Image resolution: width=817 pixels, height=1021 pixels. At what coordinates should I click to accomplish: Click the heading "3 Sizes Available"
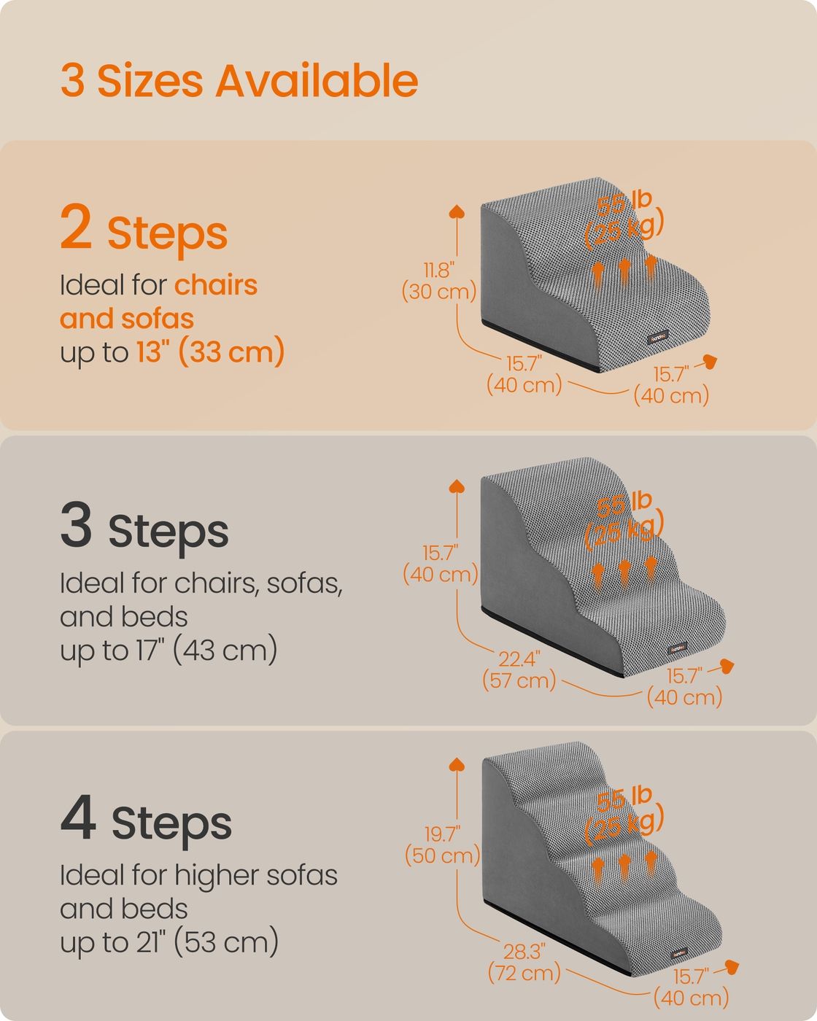[x=239, y=81]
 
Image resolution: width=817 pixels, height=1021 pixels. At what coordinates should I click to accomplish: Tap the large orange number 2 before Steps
[x=76, y=226]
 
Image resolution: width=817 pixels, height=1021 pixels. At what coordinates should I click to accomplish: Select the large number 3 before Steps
[x=76, y=524]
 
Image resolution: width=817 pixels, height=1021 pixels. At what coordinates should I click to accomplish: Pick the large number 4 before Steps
[x=78, y=817]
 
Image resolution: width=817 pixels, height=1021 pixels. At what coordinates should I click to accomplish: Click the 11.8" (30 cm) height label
[x=438, y=281]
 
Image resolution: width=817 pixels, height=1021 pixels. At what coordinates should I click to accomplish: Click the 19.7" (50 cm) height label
[x=442, y=845]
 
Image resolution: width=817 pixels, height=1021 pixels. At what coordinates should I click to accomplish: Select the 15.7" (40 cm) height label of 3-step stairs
[x=440, y=564]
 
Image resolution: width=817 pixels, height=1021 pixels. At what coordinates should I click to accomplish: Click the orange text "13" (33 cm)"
[x=211, y=352]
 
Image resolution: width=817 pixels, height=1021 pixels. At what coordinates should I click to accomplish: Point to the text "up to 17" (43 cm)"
[x=169, y=650]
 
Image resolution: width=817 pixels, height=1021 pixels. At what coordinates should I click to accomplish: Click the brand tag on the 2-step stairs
[x=658, y=338]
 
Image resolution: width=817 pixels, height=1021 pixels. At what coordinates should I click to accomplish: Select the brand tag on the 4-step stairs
[x=679, y=954]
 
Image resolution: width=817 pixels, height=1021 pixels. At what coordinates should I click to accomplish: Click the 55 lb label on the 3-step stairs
[x=624, y=505]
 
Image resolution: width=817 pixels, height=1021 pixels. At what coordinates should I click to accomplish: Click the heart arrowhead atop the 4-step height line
[x=457, y=764]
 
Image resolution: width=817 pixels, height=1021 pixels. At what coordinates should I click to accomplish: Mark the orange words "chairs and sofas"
[x=158, y=302]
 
